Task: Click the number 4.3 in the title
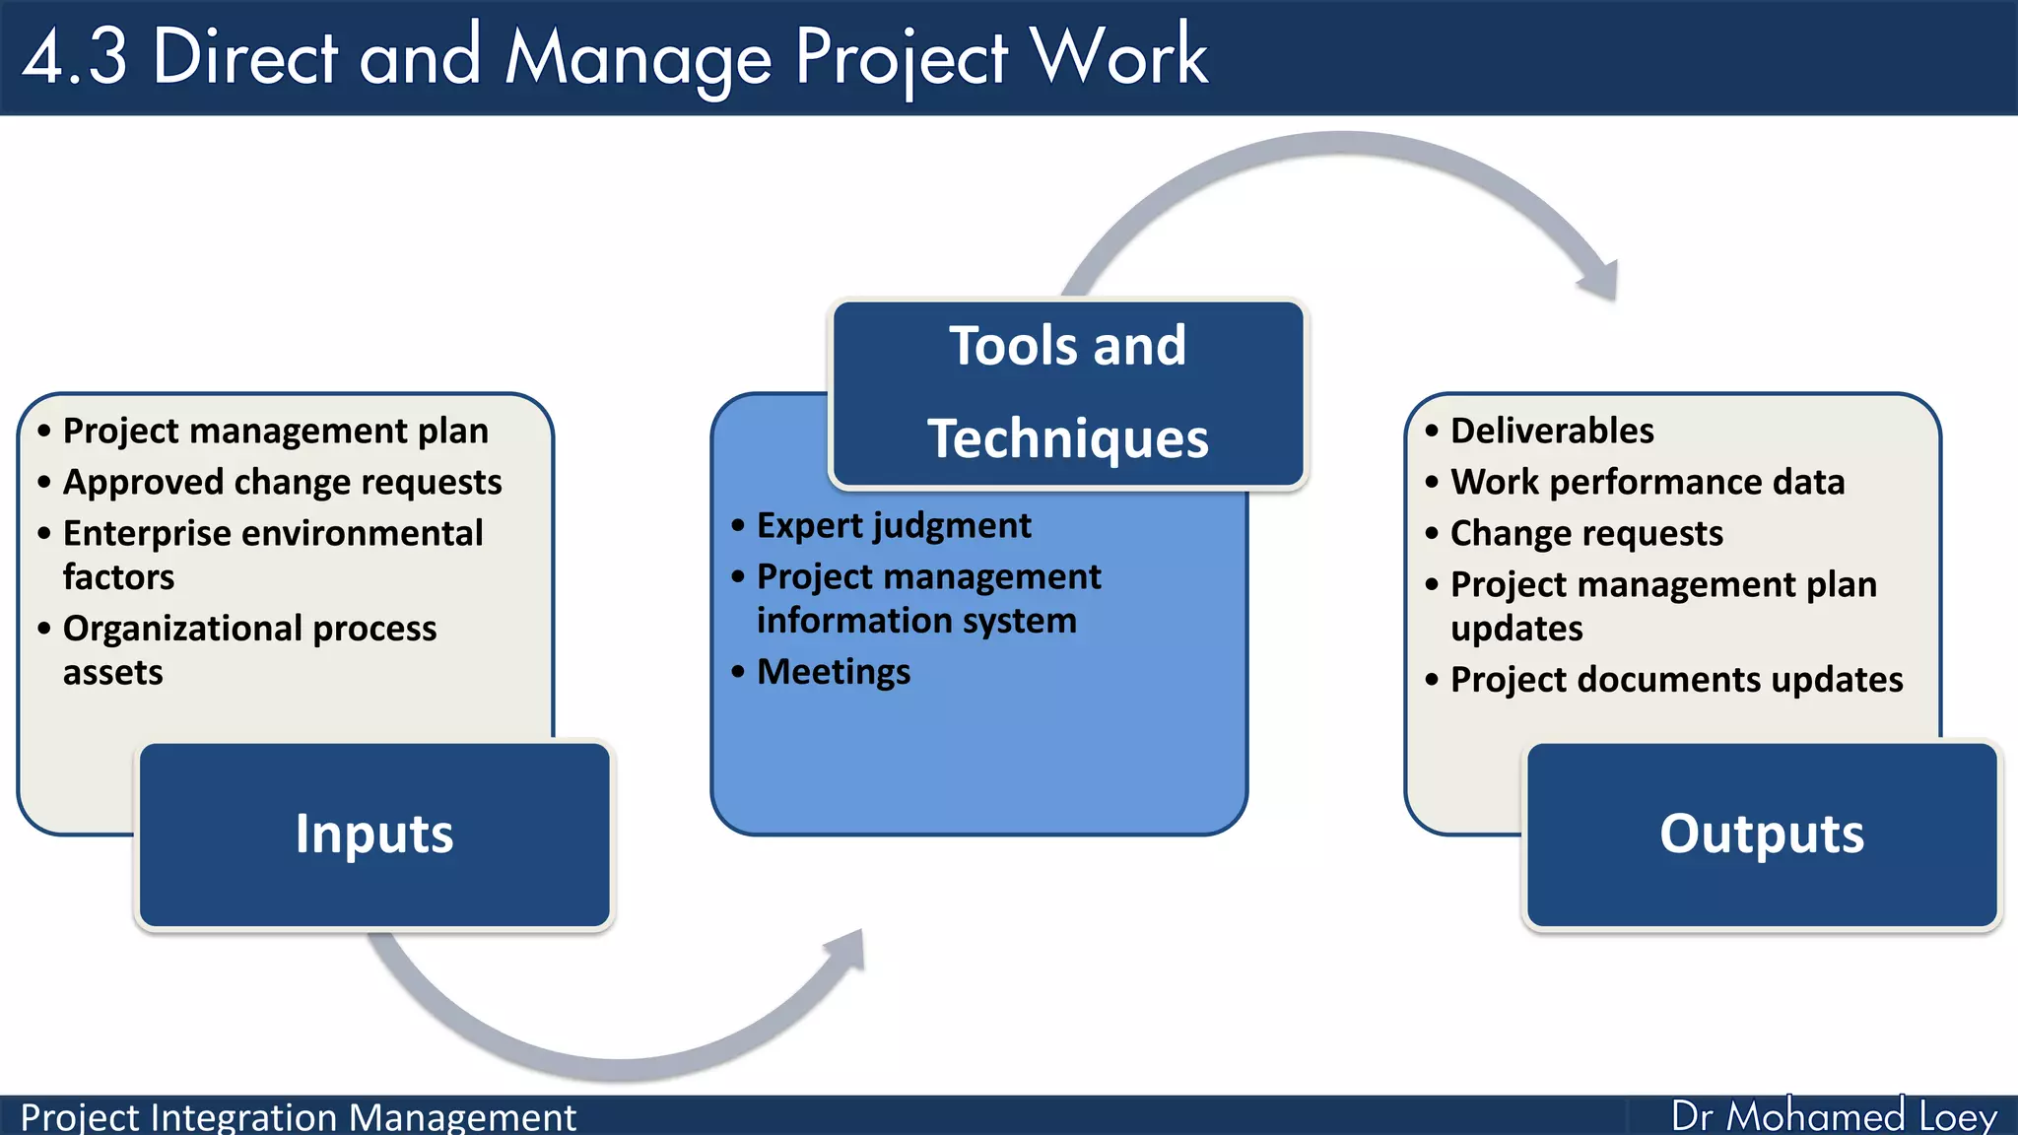coord(75,57)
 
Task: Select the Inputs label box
coord(374,835)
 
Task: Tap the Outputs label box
coord(1762,835)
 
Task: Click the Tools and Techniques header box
coord(1068,392)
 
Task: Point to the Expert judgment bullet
coord(894,525)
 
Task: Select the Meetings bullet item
coord(834,672)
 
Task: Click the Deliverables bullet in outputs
coord(1552,431)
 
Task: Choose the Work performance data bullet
coord(1648,482)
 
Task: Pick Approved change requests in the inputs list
coord(283,482)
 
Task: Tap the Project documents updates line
coord(1676,680)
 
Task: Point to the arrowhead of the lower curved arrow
coord(846,950)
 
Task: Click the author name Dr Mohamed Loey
coord(1834,1116)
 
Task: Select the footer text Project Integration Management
coord(298,1117)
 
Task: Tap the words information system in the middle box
coord(916,621)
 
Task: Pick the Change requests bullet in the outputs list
coord(1586,533)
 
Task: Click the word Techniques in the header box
coord(1068,438)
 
